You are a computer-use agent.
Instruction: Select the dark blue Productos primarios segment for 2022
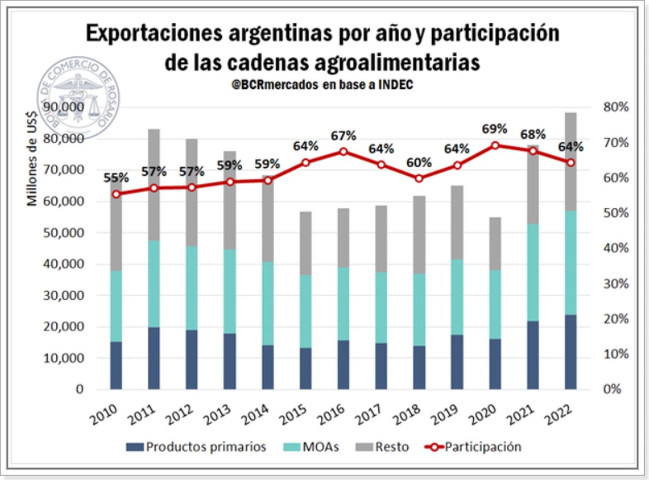(x=569, y=352)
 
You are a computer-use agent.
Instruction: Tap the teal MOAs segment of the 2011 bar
(x=154, y=284)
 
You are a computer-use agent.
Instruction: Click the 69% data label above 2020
(x=494, y=129)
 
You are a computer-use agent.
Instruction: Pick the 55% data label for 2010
(x=116, y=177)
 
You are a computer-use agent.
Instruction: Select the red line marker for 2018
(x=419, y=178)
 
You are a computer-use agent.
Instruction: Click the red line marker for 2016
(x=343, y=152)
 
